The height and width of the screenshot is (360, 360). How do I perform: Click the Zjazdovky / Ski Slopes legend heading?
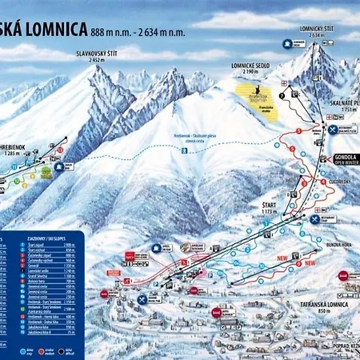tap(57, 238)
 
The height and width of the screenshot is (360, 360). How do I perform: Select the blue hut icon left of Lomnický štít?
tap(286, 46)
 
